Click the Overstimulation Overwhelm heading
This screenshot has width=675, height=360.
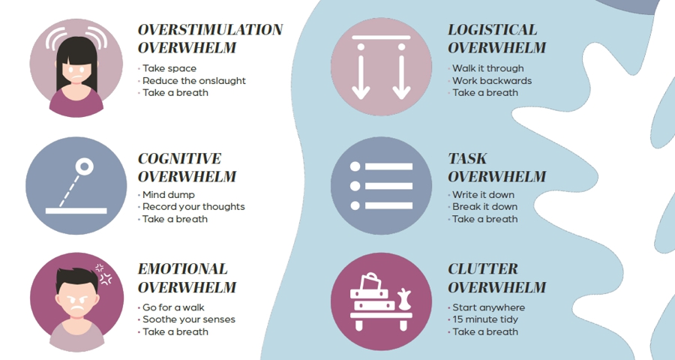210,39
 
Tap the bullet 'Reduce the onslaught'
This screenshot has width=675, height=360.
193,81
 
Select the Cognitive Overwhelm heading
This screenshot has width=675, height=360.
187,168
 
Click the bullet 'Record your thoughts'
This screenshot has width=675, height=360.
193,207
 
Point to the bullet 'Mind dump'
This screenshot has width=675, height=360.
168,195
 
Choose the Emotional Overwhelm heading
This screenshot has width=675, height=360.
187,278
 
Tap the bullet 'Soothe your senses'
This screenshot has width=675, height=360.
188,319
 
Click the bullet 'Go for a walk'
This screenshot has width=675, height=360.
173,307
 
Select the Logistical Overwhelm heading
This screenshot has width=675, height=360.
496,39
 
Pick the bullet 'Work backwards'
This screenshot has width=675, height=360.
491,81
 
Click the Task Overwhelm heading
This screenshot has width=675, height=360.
496,168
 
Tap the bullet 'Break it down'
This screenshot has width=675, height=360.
484,207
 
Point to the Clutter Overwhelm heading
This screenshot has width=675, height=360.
496,278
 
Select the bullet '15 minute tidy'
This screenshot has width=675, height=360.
484,319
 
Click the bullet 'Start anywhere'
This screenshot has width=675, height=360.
488,307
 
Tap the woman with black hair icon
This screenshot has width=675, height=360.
76,67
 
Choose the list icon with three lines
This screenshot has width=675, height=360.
381,186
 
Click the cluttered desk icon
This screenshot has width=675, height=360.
381,302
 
